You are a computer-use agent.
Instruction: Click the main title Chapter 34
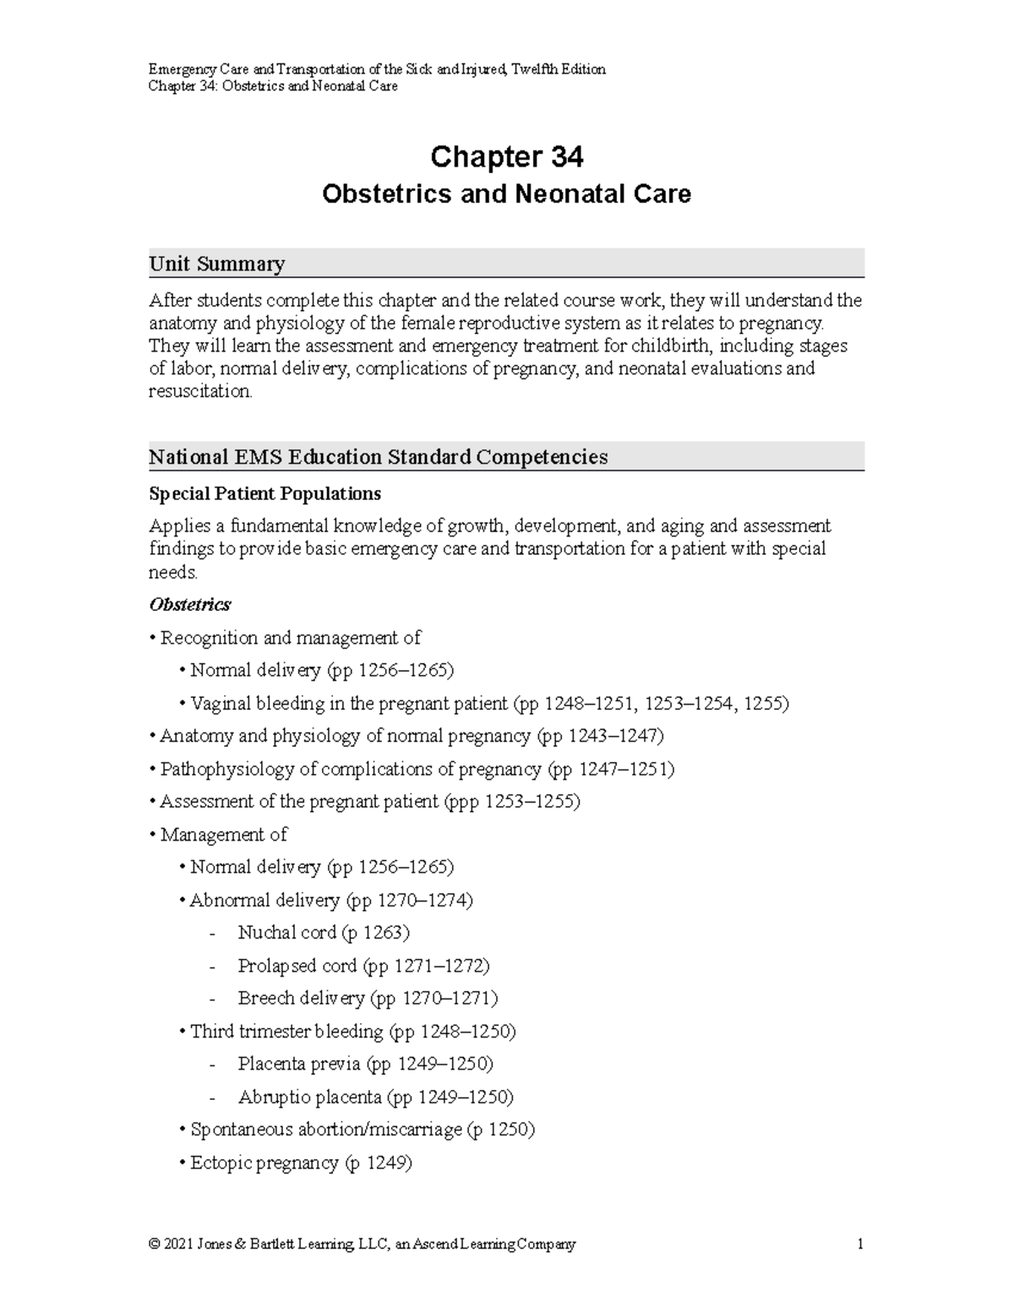506,157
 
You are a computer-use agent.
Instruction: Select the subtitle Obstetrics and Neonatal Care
506,194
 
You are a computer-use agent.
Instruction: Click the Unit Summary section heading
216,264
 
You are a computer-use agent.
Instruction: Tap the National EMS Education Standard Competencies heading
378,457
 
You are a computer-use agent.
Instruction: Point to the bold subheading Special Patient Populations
264,493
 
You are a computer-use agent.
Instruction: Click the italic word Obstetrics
190,605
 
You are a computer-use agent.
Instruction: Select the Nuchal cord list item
323,933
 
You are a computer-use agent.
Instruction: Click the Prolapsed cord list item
363,966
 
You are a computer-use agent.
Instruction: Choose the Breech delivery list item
368,999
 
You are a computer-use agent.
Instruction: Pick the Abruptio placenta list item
375,1097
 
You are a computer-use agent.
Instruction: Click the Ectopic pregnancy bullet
300,1162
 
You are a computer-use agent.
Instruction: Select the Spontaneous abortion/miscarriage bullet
362,1130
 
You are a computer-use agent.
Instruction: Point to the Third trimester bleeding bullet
352,1032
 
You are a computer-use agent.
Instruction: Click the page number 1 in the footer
859,1244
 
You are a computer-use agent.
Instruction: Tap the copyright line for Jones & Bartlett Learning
362,1244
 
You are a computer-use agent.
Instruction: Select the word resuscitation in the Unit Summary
199,391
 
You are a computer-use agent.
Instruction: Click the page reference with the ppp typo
512,802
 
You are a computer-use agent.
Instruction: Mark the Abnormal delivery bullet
330,901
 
